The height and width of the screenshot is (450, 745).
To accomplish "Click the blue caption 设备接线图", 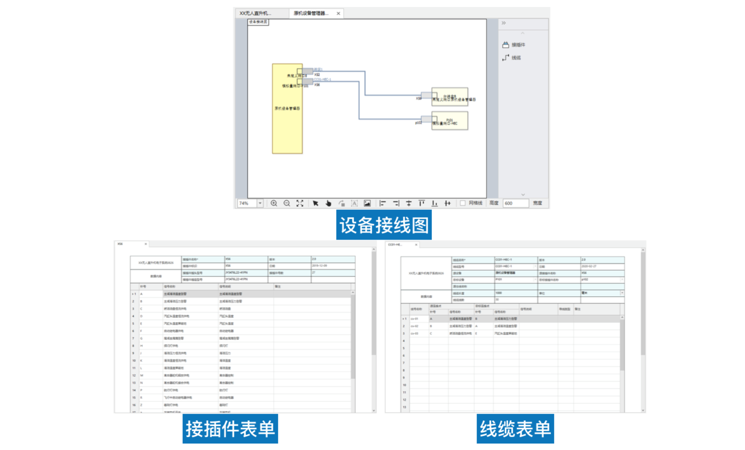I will (384, 225).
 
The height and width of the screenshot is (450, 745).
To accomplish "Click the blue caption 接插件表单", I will (230, 429).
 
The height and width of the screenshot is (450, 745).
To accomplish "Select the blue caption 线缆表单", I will (515, 429).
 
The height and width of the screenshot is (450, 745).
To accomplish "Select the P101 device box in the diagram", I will (450, 121).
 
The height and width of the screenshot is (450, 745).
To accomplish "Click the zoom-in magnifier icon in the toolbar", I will (274, 203).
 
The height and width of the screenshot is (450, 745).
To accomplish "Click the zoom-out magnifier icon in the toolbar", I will (287, 203).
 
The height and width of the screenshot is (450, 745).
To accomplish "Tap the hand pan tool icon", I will (329, 203).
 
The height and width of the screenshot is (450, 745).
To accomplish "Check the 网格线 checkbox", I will (462, 203).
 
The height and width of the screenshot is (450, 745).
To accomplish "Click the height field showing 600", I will (515, 203).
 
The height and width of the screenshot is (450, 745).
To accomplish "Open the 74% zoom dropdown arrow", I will (260, 203).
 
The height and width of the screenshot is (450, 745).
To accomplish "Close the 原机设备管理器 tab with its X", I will (338, 13).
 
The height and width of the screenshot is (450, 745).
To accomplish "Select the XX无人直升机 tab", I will (255, 13).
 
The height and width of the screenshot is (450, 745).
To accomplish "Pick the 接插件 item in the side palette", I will (518, 45).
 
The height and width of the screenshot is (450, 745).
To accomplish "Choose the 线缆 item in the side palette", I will (516, 57).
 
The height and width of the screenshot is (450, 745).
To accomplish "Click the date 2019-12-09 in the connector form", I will (319, 266).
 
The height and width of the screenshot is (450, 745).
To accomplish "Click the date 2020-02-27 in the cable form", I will (589, 266).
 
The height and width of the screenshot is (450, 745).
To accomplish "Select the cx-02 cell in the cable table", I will (414, 326).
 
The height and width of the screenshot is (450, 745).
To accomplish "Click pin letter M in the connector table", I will (142, 375).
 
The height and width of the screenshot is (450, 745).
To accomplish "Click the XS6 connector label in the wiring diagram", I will (317, 85).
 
